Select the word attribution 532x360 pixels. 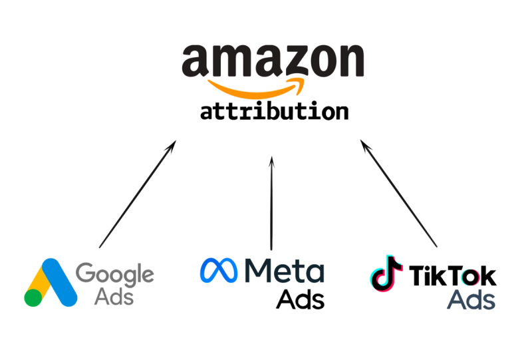pyautogui.click(x=274, y=110)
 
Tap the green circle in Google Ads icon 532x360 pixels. pyautogui.click(x=33, y=297)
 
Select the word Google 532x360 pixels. pyautogui.click(x=114, y=273)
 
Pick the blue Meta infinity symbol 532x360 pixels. pyautogui.click(x=221, y=270)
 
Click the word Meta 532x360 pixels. pyautogui.click(x=284, y=270)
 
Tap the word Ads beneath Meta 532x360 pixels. pyautogui.click(x=301, y=299)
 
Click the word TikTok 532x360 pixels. pyautogui.click(x=453, y=276)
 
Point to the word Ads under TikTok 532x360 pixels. pyautogui.click(x=471, y=299)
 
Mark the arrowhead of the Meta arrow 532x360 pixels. pyautogui.click(x=271, y=161)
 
